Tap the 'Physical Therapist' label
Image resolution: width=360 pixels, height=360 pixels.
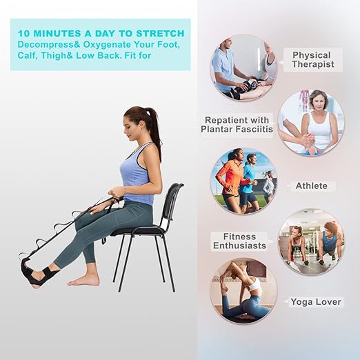[312, 59]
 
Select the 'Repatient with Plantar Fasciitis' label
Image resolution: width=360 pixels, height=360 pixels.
[237, 123]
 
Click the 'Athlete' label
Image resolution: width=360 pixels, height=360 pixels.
[311, 186]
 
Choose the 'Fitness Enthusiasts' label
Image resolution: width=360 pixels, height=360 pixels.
[239, 241]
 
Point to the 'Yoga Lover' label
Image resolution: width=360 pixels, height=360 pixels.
[314, 301]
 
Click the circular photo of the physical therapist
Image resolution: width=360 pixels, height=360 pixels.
[243, 67]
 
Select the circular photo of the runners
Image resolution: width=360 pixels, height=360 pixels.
[243, 181]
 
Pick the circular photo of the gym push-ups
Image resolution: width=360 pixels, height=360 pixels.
[311, 242]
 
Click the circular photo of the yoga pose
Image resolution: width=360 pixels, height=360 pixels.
[243, 290]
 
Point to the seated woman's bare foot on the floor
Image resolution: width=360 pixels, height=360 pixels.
[84, 279]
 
